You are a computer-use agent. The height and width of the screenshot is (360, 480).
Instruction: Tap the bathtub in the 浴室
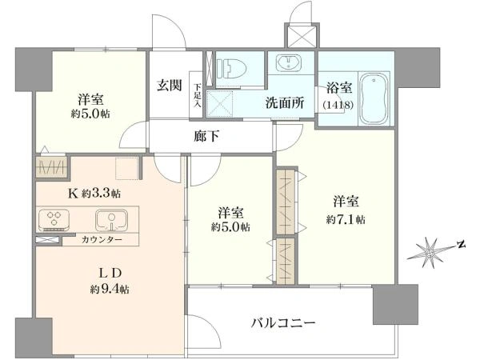374,98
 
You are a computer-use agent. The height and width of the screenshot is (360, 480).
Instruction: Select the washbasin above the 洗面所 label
289,62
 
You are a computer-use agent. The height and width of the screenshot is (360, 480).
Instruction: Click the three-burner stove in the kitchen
54,219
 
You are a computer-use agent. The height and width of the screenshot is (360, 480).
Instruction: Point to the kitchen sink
111,220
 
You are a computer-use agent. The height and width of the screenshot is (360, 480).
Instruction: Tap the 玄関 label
170,85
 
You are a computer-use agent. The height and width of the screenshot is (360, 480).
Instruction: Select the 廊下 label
207,137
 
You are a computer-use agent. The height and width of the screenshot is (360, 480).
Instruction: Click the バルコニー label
283,322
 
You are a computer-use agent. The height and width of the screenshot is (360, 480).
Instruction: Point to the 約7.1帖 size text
346,219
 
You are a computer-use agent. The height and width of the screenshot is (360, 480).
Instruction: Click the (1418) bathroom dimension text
338,105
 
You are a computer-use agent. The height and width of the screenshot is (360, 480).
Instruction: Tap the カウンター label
102,240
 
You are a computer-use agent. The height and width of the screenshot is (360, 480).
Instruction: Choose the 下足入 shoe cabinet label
197,95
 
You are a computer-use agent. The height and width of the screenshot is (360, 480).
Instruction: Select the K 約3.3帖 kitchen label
94,194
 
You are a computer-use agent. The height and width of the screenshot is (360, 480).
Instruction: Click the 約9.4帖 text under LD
110,289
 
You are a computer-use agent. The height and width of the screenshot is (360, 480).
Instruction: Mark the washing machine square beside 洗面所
219,103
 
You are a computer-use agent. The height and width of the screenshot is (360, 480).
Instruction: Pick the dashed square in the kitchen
126,168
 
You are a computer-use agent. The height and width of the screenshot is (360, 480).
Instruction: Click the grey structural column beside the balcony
395,305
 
